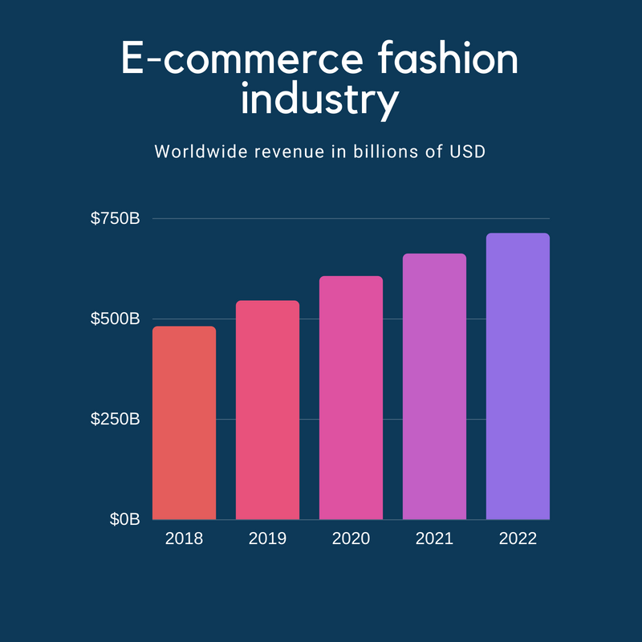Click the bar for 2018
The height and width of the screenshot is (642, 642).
pos(185,423)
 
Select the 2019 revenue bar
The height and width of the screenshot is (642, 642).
pos(268,410)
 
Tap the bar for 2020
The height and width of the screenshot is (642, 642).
pos(351,398)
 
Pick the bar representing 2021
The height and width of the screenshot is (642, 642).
pos(434,387)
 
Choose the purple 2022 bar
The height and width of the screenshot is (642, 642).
pos(518,376)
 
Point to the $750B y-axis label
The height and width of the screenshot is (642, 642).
pos(115,218)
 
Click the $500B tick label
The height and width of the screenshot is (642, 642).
pos(115,319)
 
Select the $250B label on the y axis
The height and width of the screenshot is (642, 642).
pos(115,419)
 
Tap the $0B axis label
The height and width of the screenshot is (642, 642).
pos(125,519)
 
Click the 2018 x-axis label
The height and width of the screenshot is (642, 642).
pos(185,538)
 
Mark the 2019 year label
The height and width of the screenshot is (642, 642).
pos(268,538)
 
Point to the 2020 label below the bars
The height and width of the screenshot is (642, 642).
pos(351,538)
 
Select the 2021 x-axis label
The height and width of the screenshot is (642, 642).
pos(434,538)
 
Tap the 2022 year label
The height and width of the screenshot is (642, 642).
pos(518,538)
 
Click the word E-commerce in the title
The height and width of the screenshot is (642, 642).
pos(242,58)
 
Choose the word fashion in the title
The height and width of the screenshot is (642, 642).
pos(448,57)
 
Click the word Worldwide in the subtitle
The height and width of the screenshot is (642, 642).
pos(201,152)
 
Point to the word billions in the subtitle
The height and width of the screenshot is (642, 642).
pos(385,152)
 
